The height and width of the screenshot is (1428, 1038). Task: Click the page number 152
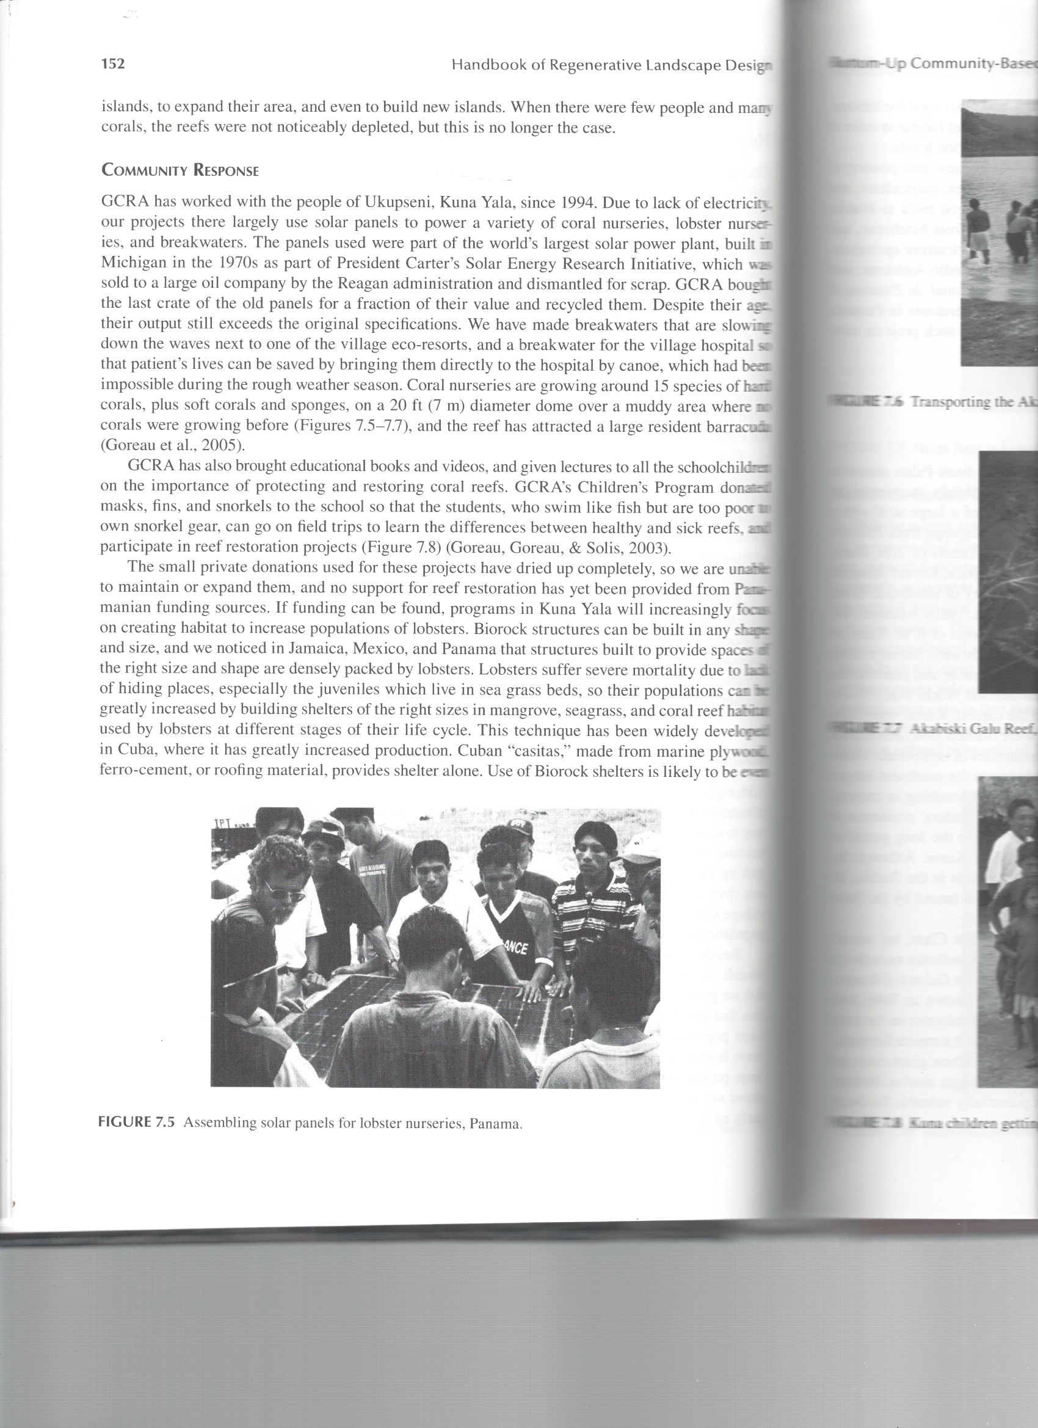[x=114, y=64]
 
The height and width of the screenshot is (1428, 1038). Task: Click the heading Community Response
[x=180, y=170]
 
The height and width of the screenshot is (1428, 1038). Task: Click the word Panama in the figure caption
[x=498, y=1124]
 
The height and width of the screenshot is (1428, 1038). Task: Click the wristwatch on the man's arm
[x=393, y=963]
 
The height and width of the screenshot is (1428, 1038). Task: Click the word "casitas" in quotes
[x=543, y=752]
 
